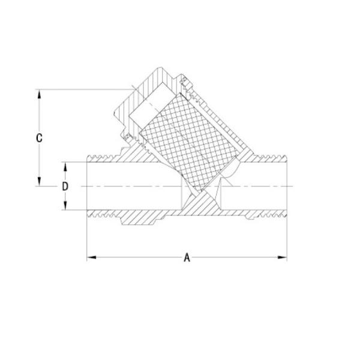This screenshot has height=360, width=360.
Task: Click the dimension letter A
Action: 187,258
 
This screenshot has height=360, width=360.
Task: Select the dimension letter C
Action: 39,137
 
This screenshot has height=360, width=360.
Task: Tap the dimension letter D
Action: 65,186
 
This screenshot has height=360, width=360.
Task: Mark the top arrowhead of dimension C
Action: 39,94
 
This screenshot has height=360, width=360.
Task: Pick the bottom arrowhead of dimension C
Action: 39,182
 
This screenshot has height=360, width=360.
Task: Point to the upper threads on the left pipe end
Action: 102,158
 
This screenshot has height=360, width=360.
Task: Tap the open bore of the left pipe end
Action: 120,186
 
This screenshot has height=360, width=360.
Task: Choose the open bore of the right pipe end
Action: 264,186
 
